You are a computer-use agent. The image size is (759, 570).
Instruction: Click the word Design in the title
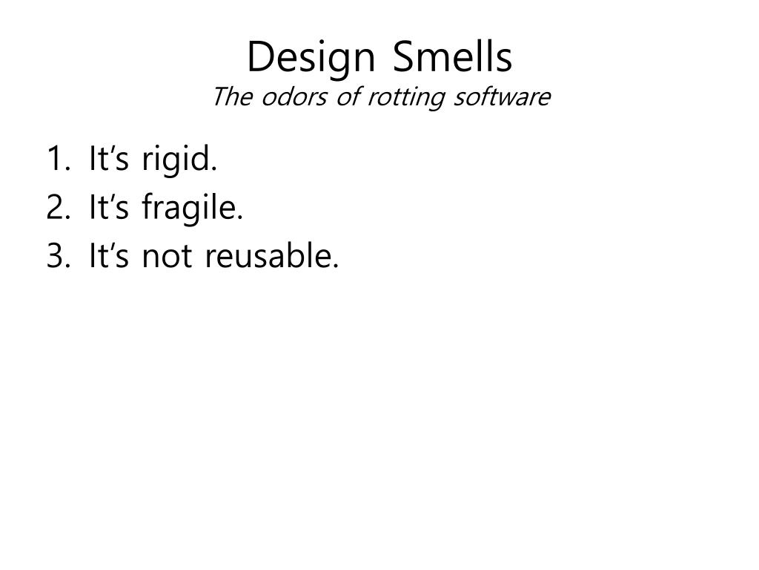(311, 59)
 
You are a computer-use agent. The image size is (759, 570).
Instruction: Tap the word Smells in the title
(452, 56)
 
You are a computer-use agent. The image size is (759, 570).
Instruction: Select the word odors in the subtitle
(294, 96)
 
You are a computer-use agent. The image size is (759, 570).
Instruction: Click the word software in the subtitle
(503, 96)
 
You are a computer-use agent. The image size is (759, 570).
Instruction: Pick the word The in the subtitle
(232, 96)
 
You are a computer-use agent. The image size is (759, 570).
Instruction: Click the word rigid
(179, 160)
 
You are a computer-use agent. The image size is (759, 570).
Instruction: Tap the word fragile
(192, 209)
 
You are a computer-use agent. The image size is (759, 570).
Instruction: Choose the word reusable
(271, 255)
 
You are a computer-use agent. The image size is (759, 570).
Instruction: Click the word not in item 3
(167, 256)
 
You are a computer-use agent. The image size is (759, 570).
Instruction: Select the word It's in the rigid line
(109, 158)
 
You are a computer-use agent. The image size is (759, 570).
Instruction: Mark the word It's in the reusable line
(109, 255)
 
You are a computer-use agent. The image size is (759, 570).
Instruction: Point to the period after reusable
(336, 266)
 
